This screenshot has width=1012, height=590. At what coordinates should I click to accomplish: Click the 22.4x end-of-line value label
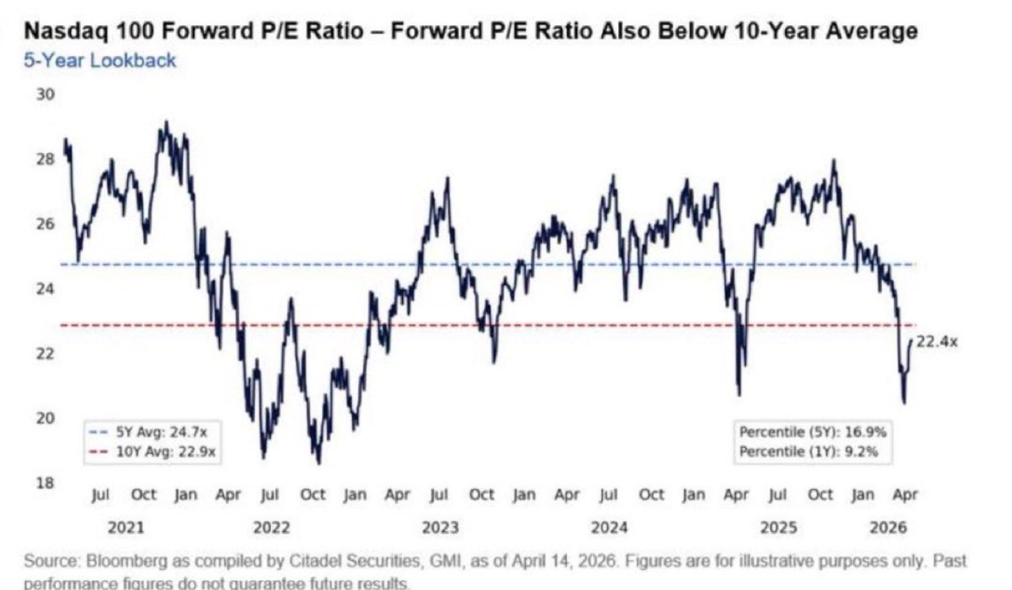(x=937, y=341)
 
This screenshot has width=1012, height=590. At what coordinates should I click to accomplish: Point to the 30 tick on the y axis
(x=45, y=94)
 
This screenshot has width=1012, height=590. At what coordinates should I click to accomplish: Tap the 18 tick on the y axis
(x=45, y=482)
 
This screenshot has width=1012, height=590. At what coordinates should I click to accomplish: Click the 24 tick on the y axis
(x=45, y=288)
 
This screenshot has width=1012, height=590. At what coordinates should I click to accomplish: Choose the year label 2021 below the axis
(x=126, y=528)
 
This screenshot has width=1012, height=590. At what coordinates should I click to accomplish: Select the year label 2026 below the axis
(x=888, y=528)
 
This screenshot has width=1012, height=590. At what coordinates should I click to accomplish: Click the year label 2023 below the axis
(x=440, y=528)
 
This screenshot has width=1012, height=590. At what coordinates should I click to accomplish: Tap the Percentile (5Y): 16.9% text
(x=812, y=432)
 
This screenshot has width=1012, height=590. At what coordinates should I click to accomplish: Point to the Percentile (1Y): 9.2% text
(x=808, y=452)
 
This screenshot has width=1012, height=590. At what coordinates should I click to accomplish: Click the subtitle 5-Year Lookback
(x=100, y=61)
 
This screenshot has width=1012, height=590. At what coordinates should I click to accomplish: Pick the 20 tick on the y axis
(x=45, y=418)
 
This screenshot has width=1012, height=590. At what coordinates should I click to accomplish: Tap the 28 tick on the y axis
(x=45, y=159)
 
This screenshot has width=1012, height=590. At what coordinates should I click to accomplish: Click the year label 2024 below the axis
(x=609, y=528)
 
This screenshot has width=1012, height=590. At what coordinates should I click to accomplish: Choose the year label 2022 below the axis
(x=271, y=528)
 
